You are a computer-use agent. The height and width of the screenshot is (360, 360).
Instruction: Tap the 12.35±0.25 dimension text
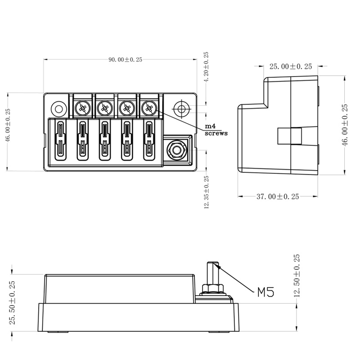(207, 192)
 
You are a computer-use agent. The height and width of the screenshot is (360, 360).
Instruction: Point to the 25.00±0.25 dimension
(290, 67)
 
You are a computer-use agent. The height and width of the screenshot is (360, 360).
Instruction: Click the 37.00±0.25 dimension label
(278, 197)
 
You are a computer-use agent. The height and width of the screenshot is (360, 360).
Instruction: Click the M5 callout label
(265, 293)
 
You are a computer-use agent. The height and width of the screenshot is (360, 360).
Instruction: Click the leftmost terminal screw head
(82, 108)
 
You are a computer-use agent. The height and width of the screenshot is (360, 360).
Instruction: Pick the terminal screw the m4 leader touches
(148, 108)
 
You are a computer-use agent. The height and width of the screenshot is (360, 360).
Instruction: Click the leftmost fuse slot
(60, 140)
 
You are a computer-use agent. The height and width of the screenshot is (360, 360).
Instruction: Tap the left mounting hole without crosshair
(58, 108)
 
